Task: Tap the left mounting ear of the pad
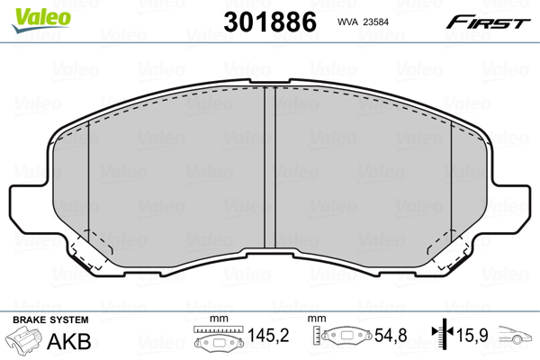(30, 208)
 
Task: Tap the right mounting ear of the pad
(510, 208)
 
